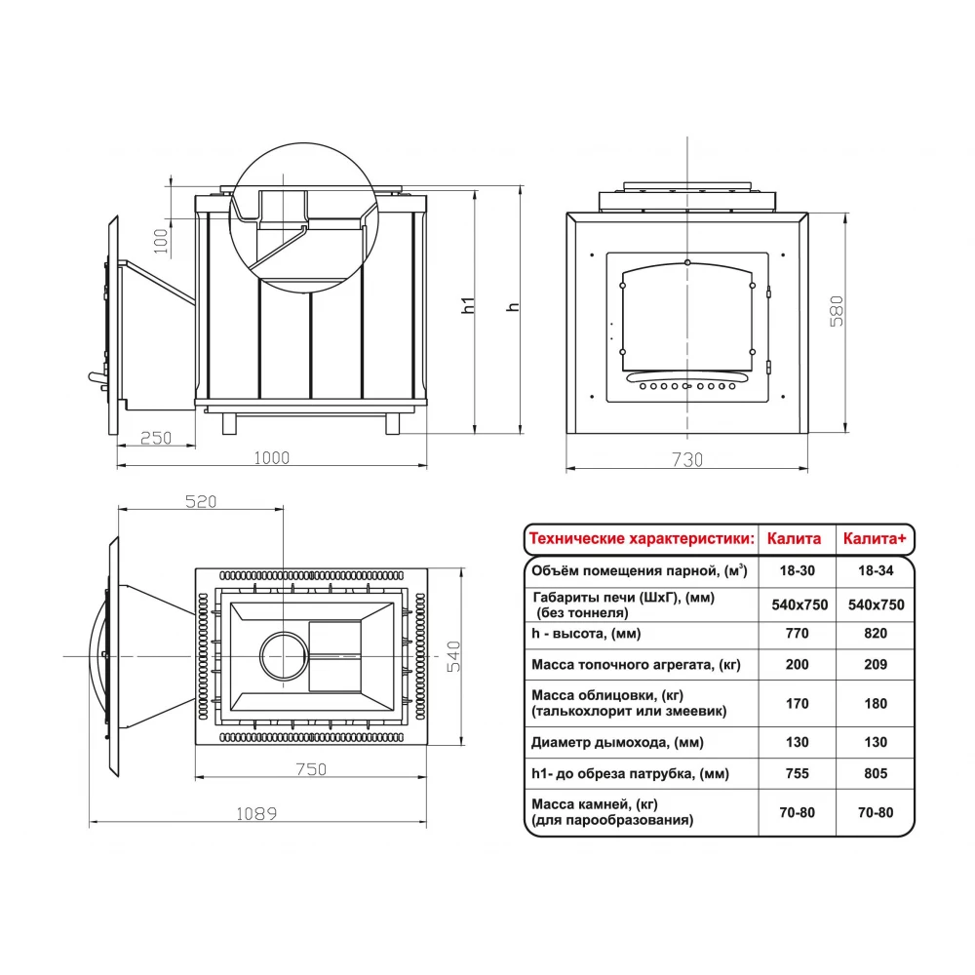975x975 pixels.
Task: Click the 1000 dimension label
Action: point(272,457)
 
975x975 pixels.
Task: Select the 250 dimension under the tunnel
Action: point(155,438)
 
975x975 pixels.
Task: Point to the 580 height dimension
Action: point(837,311)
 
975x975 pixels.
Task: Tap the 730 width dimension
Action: point(687,459)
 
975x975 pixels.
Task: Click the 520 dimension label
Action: point(201,502)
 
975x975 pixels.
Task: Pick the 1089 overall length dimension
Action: point(256,814)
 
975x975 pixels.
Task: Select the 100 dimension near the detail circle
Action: point(161,241)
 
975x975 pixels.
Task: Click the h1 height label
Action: point(468,304)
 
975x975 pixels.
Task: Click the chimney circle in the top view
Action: point(283,656)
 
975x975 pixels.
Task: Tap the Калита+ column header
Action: point(875,538)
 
